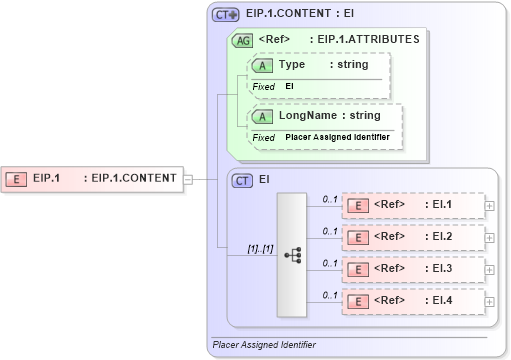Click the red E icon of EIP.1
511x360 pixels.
pos(17,179)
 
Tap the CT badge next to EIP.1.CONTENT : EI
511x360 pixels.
pos(225,15)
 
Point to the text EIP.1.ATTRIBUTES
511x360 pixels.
pos(369,40)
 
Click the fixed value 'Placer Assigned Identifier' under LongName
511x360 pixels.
pos(337,137)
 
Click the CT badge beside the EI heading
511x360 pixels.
pos(242,181)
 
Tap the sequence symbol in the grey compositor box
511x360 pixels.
pos(292,255)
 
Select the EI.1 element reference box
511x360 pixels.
pos(411,205)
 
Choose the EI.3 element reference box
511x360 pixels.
pos(411,269)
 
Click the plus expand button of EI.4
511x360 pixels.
pos(489,301)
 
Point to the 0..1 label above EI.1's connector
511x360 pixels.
pos(329,199)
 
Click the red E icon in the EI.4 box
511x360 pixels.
pos(357,301)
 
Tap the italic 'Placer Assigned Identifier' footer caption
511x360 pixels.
pos(264,345)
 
